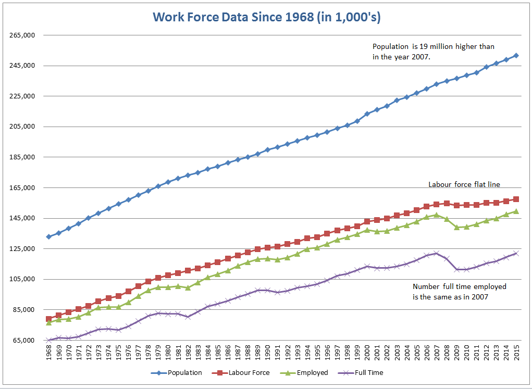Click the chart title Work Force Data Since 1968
point(266,17)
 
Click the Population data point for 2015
point(516,55)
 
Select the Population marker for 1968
point(48,236)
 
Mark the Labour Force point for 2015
point(516,199)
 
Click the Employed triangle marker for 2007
point(437,215)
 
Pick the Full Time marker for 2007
point(437,254)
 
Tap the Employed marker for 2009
point(456,227)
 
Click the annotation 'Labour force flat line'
point(464,184)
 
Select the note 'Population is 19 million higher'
point(433,52)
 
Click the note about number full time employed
point(459,292)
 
